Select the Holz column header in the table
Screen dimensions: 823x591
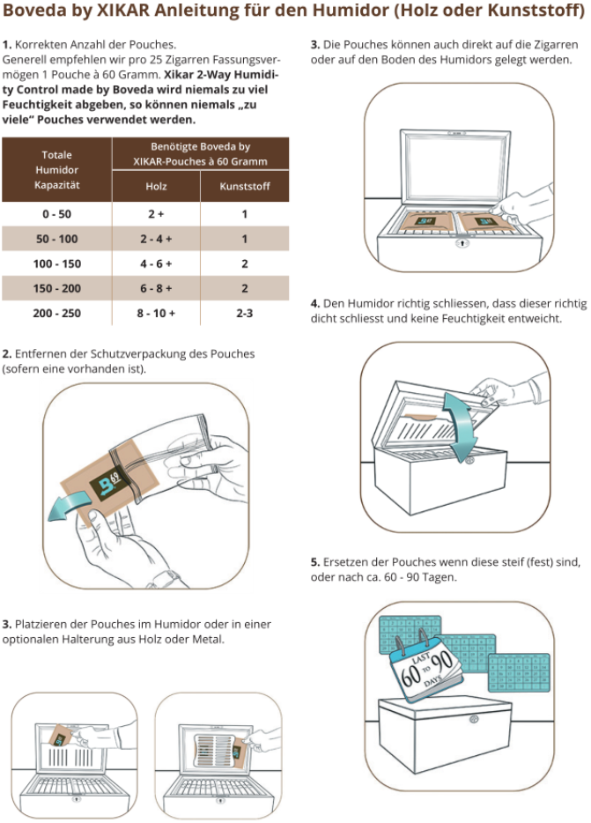pos(156,186)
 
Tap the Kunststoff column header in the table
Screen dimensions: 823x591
pos(244,186)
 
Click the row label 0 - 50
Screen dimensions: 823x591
pos(56,214)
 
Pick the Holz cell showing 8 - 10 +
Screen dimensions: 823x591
pos(156,313)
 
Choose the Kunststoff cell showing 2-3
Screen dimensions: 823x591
pos(244,313)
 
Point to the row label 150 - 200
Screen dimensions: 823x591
pos(56,288)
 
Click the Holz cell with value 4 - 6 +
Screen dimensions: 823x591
pos(156,263)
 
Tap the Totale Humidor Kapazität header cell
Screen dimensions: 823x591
pos(56,169)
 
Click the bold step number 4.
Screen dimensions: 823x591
pos(315,303)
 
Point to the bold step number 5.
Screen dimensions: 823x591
pos(315,561)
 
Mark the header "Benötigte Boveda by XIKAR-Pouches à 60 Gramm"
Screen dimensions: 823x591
pos(200,153)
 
